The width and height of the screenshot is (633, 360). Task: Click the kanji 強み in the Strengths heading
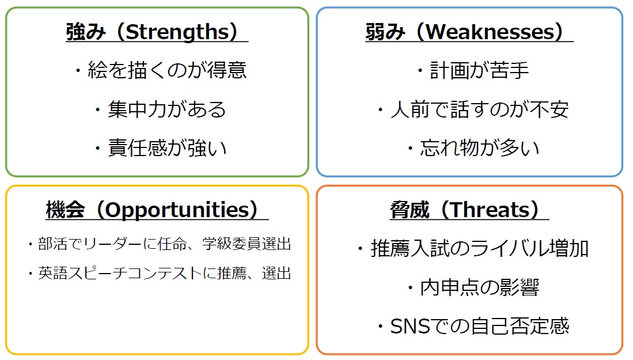(86, 32)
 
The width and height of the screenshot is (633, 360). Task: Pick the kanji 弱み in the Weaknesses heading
(385, 32)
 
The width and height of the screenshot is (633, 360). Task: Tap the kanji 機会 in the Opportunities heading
(66, 210)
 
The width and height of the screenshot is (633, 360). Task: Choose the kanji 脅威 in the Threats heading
(410, 210)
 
